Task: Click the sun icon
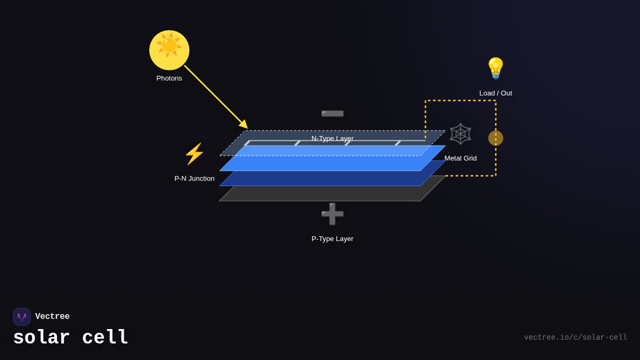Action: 169,50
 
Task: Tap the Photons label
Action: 169,78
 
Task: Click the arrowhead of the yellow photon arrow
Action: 244,125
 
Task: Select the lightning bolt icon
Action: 194,154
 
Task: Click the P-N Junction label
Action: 194,179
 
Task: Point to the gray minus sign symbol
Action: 332,114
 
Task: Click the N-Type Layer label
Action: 332,139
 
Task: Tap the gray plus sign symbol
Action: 332,214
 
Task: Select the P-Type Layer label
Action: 332,239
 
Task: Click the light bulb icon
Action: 495,68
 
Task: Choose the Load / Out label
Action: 495,93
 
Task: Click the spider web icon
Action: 460,134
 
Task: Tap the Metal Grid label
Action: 460,158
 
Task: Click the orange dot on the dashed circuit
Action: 495,138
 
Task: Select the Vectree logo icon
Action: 22,317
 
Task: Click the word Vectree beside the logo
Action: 52,317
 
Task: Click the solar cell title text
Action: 70,338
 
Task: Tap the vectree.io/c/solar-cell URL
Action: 575,338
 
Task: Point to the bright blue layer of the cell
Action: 331,163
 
